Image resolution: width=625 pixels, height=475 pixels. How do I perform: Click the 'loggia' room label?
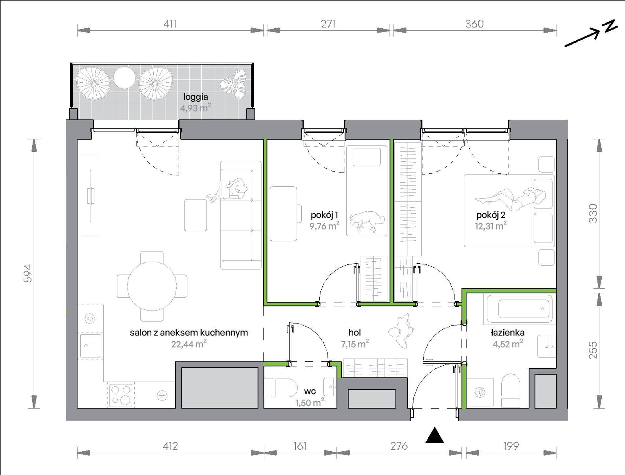click(196, 97)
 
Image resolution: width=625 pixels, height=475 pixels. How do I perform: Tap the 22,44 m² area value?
click(189, 344)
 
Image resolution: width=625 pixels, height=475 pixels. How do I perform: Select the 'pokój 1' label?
click(324, 215)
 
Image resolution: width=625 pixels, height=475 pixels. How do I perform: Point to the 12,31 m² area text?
click(490, 226)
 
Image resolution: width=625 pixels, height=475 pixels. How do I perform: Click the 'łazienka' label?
click(508, 333)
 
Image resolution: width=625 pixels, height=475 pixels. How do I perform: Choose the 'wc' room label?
click(310, 391)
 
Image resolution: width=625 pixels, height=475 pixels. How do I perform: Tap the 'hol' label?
click(355, 332)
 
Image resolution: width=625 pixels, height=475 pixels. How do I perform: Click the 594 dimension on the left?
click(28, 273)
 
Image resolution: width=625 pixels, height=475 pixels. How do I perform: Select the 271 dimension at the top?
click(328, 24)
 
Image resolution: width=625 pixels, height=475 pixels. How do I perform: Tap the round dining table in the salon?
click(152, 286)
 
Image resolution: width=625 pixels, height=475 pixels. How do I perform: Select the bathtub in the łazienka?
click(518, 309)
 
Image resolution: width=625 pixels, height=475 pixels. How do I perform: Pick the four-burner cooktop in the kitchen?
click(121, 395)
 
